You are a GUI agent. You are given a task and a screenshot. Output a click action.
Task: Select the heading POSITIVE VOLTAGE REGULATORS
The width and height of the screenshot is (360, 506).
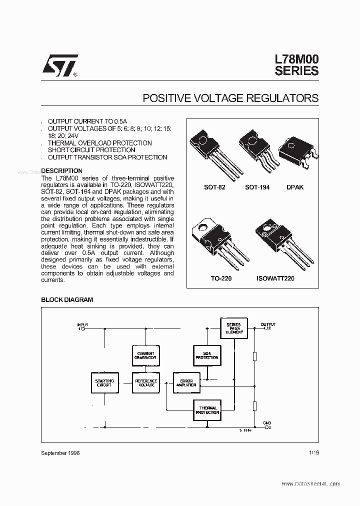pos(230,98)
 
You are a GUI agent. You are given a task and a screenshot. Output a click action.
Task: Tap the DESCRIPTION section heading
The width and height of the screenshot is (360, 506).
pos(61,170)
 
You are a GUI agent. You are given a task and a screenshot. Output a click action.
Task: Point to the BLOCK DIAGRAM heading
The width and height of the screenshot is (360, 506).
pos(66,299)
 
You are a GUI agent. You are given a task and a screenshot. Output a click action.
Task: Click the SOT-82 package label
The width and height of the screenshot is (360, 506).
pos(214,187)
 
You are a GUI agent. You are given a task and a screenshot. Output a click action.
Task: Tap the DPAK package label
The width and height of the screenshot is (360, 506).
pos(294,187)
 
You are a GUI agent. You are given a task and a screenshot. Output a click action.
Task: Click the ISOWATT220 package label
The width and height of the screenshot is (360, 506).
pos(275,278)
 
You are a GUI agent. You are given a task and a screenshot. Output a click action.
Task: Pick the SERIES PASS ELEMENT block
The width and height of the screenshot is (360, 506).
pos(233,328)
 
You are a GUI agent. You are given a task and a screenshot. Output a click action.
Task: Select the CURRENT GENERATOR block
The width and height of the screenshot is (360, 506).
pos(145,355)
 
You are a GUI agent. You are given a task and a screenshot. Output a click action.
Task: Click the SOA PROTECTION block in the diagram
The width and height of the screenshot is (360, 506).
pos(206,355)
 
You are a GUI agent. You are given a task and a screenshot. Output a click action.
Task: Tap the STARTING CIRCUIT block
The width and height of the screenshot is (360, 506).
pos(104,383)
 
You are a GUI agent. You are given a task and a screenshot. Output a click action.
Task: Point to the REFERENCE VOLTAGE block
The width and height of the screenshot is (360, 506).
pos(145,383)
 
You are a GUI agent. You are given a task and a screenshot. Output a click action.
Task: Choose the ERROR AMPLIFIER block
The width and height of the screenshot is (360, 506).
pos(186,383)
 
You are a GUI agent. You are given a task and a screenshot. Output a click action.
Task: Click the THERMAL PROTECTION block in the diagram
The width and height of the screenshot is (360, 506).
pos(206,410)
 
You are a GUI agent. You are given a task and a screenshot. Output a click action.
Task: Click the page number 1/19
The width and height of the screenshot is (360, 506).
pos(314,452)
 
